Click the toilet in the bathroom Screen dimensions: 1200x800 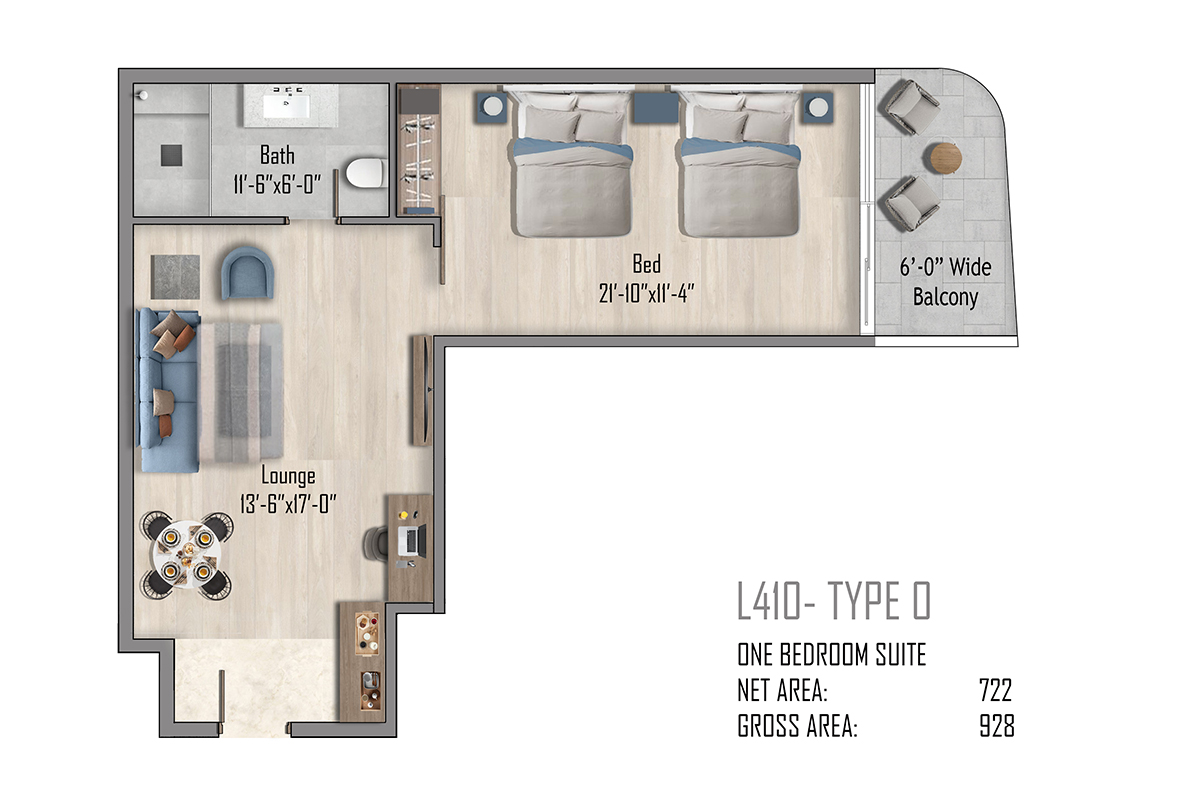coord(366,173)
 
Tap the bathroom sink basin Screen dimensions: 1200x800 coord(286,106)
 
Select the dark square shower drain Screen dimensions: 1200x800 coord(171,155)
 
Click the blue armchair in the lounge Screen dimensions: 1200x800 coord(248,273)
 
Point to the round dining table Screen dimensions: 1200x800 coord(186,555)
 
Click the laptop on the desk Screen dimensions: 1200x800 coord(412,541)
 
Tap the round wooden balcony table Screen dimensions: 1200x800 coord(946,158)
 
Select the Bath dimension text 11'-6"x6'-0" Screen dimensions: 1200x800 coord(277,185)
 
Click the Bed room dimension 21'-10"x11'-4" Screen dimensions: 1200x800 coord(647,294)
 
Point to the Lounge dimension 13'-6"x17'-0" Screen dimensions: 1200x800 coord(288,504)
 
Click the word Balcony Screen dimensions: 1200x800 coord(946,297)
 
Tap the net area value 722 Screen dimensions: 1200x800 coord(995,690)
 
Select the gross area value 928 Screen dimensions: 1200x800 coord(997,726)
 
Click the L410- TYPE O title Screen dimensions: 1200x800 coord(834,601)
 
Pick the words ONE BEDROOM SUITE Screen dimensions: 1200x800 coord(831,654)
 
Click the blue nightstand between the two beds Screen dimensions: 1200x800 coord(656,108)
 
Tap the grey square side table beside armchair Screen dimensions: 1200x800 coord(175,277)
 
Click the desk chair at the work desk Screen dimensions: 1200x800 coord(376,544)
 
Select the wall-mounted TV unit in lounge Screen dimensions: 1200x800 coord(422,390)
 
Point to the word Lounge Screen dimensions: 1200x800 coord(288,476)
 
